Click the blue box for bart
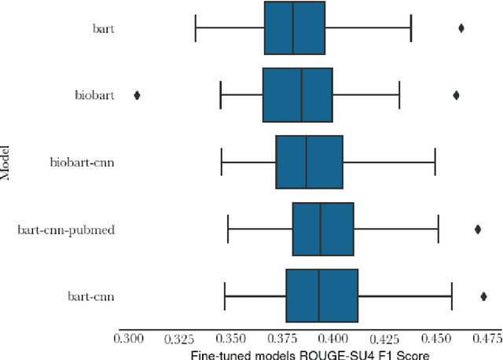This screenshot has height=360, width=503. point(295,28)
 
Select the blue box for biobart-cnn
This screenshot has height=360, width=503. point(309,162)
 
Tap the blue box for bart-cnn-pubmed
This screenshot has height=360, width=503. point(323,230)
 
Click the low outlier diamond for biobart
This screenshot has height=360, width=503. point(138,95)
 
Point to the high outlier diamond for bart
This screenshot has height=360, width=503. point(461,28)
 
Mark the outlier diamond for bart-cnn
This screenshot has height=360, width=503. point(483,296)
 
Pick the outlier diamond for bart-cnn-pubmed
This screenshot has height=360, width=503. point(478,230)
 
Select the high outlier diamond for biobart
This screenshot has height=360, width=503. point(456,95)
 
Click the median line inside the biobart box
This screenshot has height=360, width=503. point(302,95)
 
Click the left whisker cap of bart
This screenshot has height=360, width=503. point(196,28)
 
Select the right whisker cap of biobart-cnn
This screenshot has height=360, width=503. point(435,162)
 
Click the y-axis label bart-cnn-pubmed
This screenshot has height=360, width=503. point(67,230)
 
